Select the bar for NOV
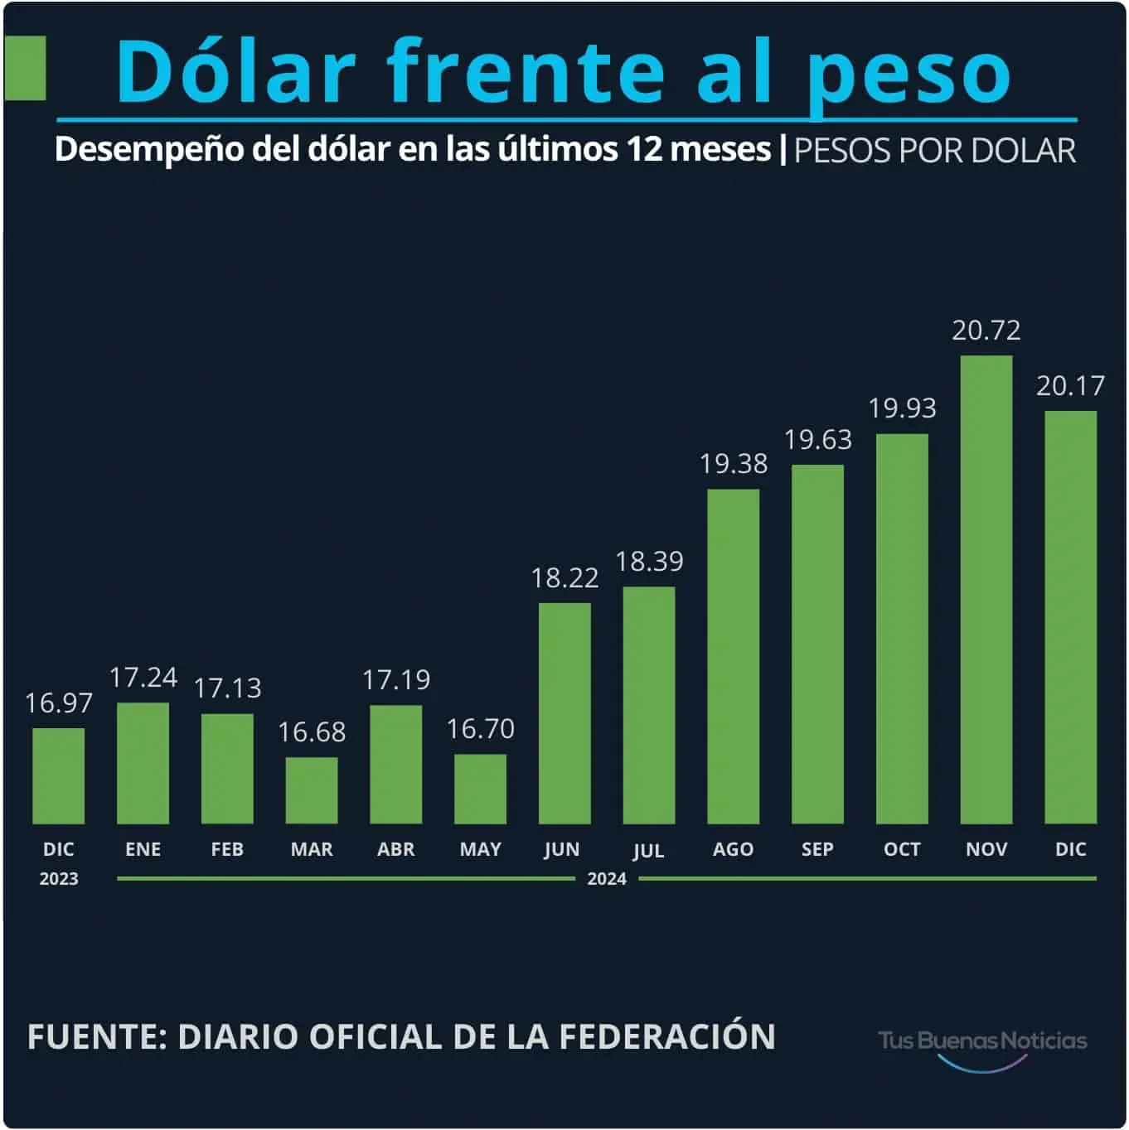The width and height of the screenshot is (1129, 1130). pyautogui.click(x=986, y=590)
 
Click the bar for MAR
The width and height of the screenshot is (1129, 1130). pyautogui.click(x=312, y=790)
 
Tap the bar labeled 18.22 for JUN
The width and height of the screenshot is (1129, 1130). pyautogui.click(x=564, y=713)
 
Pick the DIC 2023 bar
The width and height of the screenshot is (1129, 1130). pyautogui.click(x=58, y=776)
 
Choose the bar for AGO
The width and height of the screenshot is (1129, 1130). pyautogui.click(x=733, y=656)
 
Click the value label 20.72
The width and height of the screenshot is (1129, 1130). pyautogui.click(x=986, y=331)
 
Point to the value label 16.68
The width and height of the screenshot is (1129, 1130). pyautogui.click(x=312, y=732)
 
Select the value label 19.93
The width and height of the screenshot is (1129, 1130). pyautogui.click(x=902, y=408)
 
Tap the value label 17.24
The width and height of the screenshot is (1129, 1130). pyautogui.click(x=143, y=678)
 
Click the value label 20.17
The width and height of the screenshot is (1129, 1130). pyautogui.click(x=1070, y=386)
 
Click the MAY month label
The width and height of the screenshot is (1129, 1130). pyautogui.click(x=481, y=849)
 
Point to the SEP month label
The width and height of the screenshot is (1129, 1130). pyautogui.click(x=817, y=849)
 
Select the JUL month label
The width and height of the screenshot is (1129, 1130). pyautogui.click(x=648, y=851)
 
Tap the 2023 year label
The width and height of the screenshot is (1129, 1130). pyautogui.click(x=58, y=879)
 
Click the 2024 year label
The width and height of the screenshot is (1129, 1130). pyautogui.click(x=607, y=879)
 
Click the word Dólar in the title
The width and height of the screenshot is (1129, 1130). pyautogui.click(x=236, y=71)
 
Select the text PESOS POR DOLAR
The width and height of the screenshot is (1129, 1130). pyautogui.click(x=934, y=151)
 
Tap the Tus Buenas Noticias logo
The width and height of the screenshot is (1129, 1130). pyautogui.click(x=982, y=1044)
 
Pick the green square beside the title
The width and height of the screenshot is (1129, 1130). pyautogui.click(x=25, y=68)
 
